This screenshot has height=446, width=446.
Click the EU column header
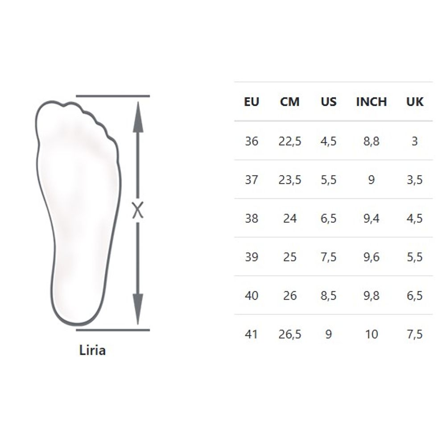pyautogui.click(x=252, y=102)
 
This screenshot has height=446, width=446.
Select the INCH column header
pyautogui.click(x=371, y=102)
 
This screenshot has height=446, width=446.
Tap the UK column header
pyautogui.click(x=415, y=102)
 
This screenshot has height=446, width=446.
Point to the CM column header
pyautogui.click(x=289, y=102)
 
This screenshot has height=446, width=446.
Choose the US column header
pyautogui.click(x=329, y=102)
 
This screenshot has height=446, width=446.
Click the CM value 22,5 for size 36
pyautogui.click(x=289, y=141)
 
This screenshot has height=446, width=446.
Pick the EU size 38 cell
pyautogui.click(x=252, y=219)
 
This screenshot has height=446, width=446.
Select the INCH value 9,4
pyautogui.click(x=371, y=219)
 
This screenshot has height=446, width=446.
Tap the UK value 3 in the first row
pyautogui.click(x=415, y=141)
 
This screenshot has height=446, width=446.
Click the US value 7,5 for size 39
pyautogui.click(x=329, y=257)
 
